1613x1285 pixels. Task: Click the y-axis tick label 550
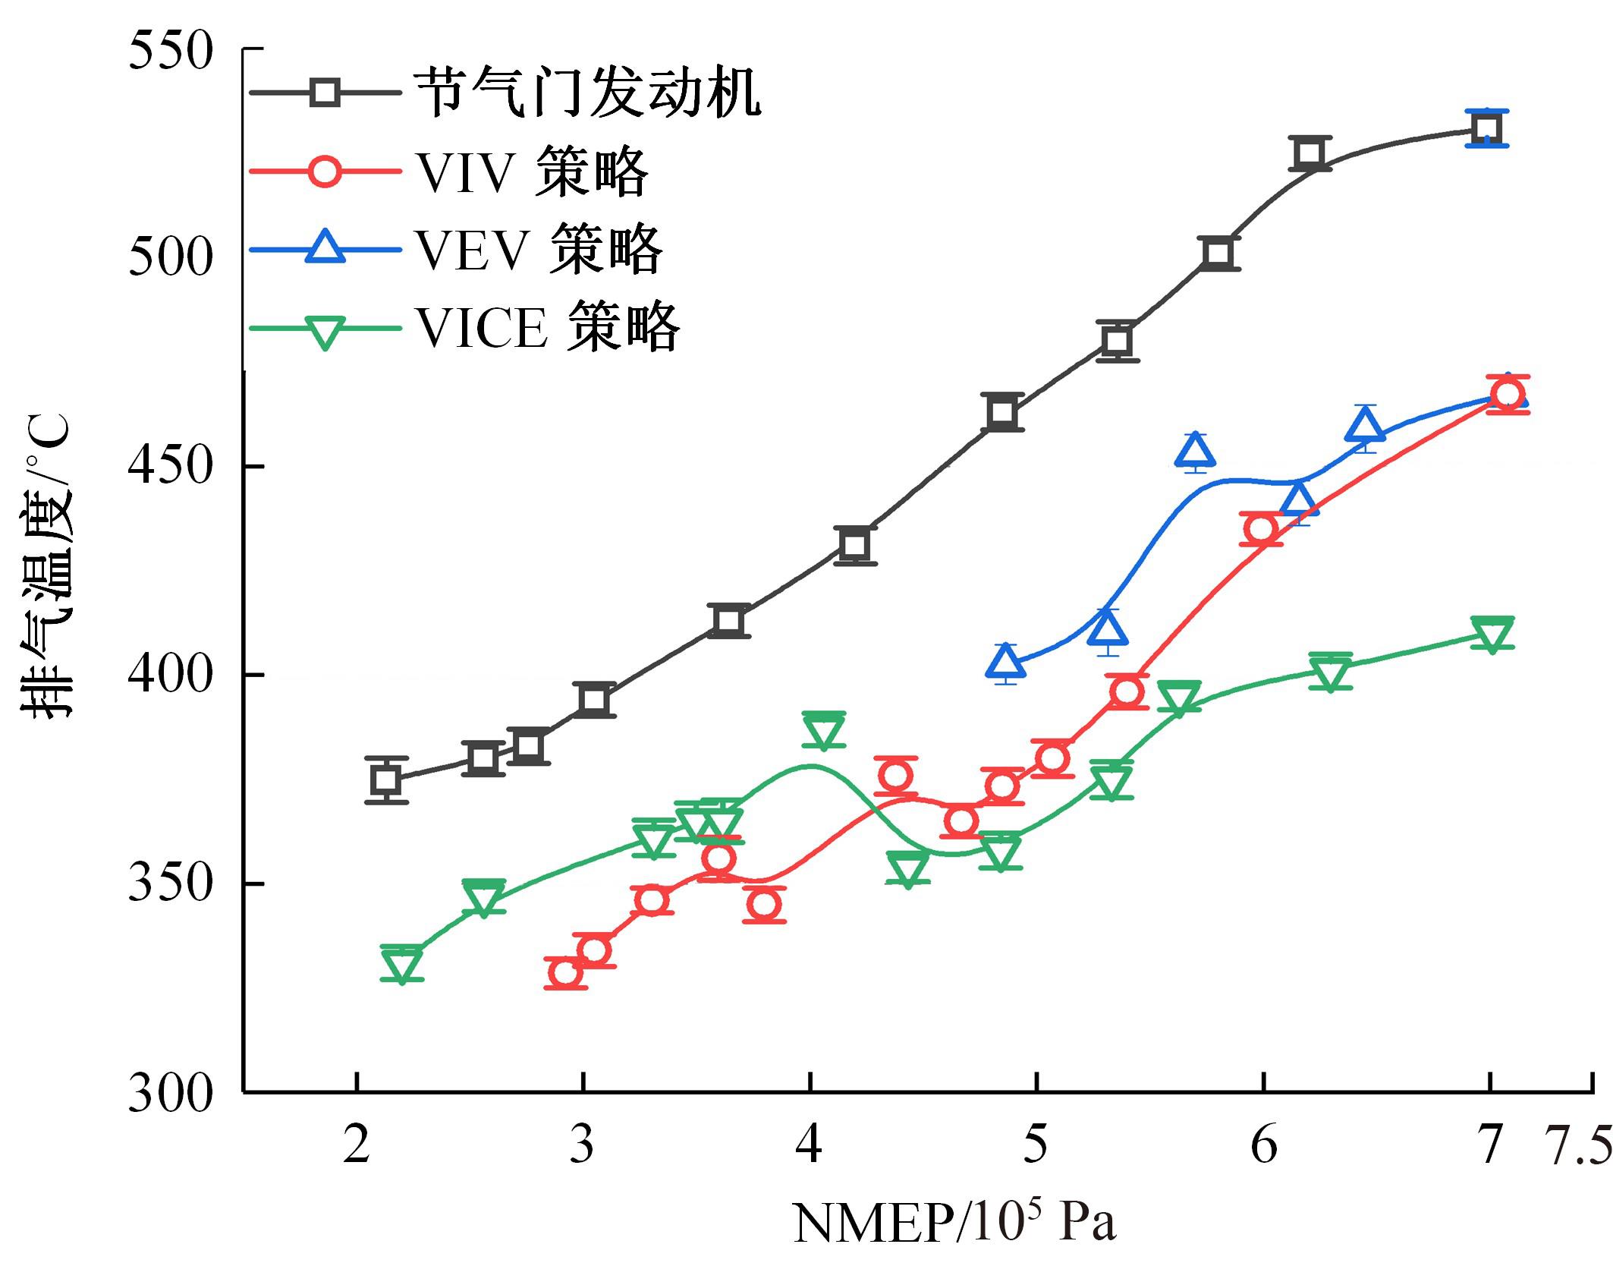pyautogui.click(x=170, y=52)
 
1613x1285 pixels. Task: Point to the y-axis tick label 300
pyautogui.click(x=170, y=1094)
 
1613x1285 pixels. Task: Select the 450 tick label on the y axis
pyautogui.click(x=170, y=465)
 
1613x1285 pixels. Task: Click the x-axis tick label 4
pyautogui.click(x=809, y=1145)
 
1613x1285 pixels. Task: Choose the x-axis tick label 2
pyautogui.click(x=356, y=1145)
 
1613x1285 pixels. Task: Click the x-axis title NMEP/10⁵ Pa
pyautogui.click(x=954, y=1222)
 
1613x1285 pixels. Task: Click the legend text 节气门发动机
pyautogui.click(x=587, y=93)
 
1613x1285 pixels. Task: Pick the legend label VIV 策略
pyautogui.click(x=532, y=172)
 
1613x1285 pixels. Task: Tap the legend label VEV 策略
pyautogui.click(x=539, y=249)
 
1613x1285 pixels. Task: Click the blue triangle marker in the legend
pyautogui.click(x=325, y=248)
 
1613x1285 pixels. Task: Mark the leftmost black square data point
pyautogui.click(x=386, y=780)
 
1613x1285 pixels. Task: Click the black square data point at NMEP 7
pyautogui.click(x=1486, y=128)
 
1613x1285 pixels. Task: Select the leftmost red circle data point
pyautogui.click(x=565, y=972)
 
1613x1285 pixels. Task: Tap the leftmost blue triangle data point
pyautogui.click(x=1005, y=663)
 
